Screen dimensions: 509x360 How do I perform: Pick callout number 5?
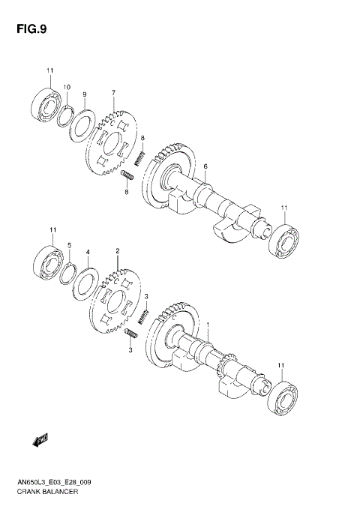(69, 245)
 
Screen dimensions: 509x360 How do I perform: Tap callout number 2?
(118, 250)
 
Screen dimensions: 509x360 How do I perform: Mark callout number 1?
(208, 324)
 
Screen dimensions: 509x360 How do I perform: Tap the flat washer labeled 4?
(84, 283)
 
